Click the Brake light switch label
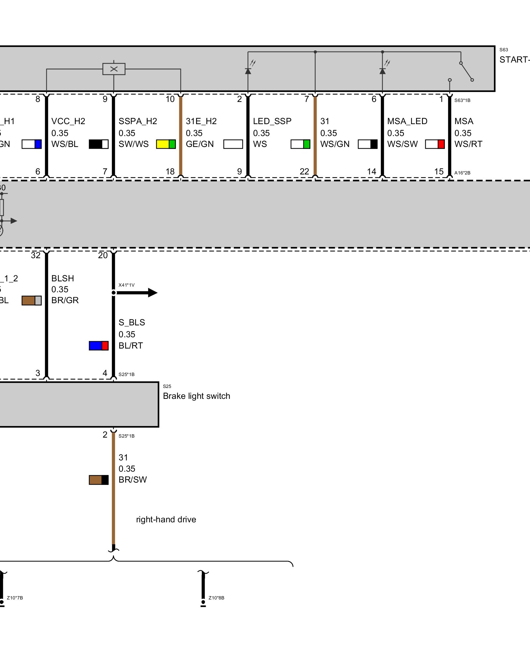[196, 396]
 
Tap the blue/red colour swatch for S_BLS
[99, 346]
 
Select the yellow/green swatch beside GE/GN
[166, 144]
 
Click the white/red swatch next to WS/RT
[435, 144]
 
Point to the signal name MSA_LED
[407, 121]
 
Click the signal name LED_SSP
[272, 121]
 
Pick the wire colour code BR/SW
[132, 480]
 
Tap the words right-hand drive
[166, 519]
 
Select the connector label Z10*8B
[216, 598]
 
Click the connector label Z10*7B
[15, 598]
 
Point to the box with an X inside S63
[114, 69]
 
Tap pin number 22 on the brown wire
[304, 171]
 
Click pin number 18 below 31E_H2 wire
[170, 171]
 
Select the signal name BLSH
[63, 278]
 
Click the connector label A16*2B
[462, 173]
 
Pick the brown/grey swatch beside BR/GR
[32, 301]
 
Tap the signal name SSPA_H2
[138, 121]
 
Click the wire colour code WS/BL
[65, 144]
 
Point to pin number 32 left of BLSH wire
[36, 255]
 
